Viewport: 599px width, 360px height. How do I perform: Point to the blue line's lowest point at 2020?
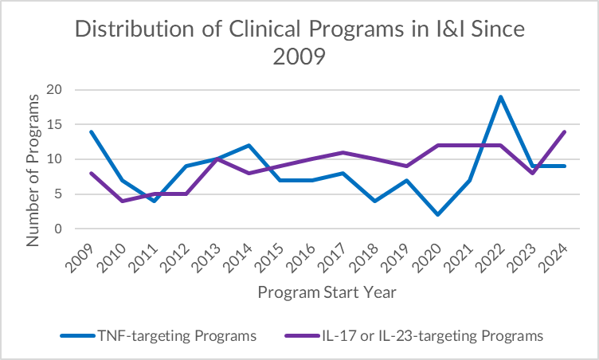437,215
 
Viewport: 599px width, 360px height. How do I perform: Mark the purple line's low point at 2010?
121,201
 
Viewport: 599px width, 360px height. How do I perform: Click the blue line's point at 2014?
249,145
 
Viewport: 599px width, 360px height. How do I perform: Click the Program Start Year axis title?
327,292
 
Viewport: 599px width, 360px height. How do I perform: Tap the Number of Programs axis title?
33,170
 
